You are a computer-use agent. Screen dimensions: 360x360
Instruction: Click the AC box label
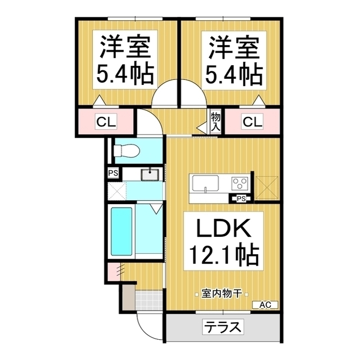[x=265, y=305]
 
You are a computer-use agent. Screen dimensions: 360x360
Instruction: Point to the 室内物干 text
[x=222, y=294]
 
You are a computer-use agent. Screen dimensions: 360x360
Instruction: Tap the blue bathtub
[x=121, y=230]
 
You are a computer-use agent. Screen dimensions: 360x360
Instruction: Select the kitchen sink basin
[x=205, y=184]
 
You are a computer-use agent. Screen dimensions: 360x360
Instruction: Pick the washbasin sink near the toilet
[x=150, y=174]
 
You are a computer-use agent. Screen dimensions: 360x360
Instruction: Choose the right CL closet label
[x=252, y=121]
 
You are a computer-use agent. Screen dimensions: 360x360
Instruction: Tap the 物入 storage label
[x=215, y=121]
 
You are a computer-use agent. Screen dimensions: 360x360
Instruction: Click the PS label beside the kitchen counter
[x=241, y=199]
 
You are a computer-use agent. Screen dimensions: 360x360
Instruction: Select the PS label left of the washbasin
[x=112, y=173]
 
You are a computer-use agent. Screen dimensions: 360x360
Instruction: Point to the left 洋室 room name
[x=125, y=47]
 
